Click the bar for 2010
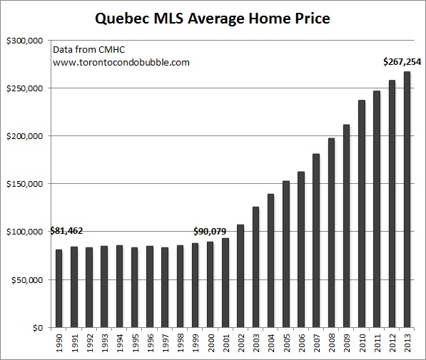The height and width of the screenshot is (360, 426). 362,214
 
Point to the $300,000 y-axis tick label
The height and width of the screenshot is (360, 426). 25,41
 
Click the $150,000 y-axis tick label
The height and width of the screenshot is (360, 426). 25,184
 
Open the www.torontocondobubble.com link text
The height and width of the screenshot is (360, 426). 121,62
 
